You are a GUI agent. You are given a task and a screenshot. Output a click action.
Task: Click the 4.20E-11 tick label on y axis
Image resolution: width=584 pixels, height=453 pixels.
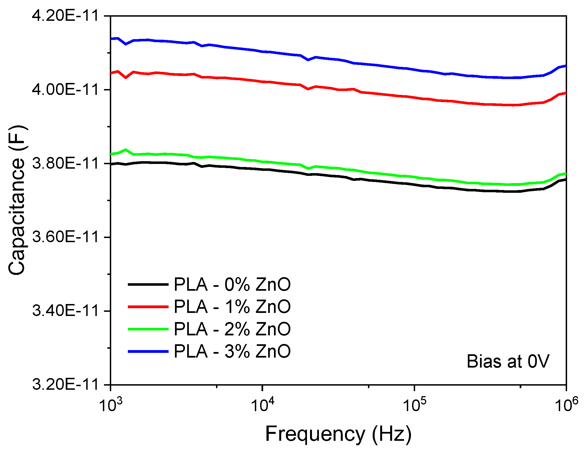click(x=65, y=16)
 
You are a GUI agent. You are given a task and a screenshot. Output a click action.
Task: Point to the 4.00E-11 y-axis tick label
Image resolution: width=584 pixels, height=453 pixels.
click(x=65, y=90)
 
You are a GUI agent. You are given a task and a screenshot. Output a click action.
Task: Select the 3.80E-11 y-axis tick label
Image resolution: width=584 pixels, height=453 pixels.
click(x=65, y=163)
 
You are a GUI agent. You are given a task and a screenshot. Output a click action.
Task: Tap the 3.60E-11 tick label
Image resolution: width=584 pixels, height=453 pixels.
click(x=65, y=237)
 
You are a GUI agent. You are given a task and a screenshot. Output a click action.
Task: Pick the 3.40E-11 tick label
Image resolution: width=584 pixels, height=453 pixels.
click(x=65, y=311)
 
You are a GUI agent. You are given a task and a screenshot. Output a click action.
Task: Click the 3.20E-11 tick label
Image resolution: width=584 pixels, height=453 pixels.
click(x=65, y=384)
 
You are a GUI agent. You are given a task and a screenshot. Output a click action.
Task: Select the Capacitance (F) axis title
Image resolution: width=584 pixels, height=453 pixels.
click(x=17, y=200)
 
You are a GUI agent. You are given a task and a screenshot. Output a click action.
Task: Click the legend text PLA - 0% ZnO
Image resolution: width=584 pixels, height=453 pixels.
click(x=232, y=284)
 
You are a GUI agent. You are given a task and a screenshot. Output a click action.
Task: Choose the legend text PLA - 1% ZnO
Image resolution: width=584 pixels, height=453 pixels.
click(x=232, y=307)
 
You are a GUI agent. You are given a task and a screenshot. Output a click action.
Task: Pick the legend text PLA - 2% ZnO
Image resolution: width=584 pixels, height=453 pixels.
click(x=232, y=329)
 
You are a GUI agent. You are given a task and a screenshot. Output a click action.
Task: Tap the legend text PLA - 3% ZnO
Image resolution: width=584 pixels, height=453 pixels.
click(x=232, y=351)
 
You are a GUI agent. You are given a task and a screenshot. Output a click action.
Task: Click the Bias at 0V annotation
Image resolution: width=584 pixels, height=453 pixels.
click(x=508, y=361)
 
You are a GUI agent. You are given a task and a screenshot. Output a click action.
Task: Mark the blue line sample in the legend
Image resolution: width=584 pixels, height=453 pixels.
click(x=148, y=351)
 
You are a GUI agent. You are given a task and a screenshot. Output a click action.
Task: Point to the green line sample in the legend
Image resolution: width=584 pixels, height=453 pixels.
click(x=148, y=329)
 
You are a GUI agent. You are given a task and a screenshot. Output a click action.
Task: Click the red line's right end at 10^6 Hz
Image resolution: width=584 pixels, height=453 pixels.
click(x=565, y=93)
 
